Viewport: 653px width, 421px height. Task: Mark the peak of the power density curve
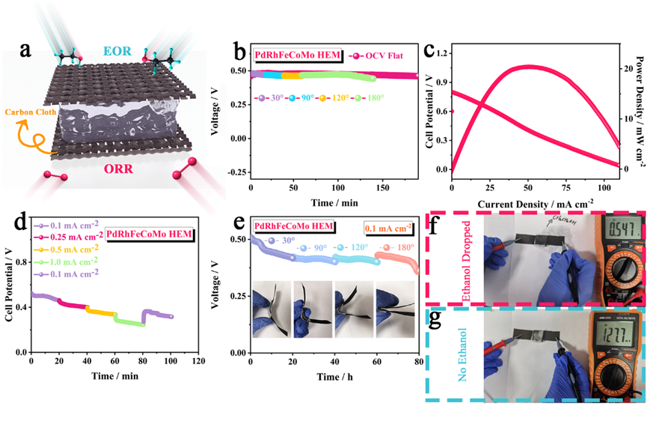[x=528, y=66]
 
